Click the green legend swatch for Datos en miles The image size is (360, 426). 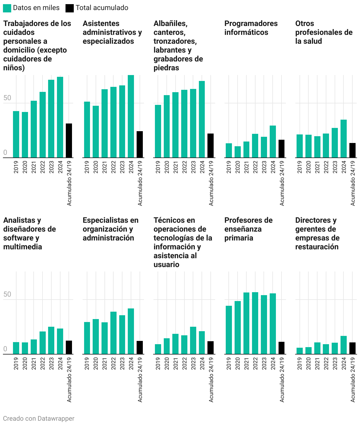[x=7, y=8]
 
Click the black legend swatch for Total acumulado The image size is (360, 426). [x=70, y=8]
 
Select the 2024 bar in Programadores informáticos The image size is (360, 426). [x=273, y=142]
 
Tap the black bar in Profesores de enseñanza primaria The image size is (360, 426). [x=282, y=348]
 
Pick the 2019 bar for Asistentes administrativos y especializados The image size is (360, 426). [x=87, y=129]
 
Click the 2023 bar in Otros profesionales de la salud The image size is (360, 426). [x=335, y=143]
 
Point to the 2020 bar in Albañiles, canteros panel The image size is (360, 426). [x=167, y=126]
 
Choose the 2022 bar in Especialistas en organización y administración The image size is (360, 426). [x=113, y=333]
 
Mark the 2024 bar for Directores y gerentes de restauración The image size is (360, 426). [x=343, y=345]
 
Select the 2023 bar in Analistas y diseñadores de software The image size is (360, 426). [x=51, y=340]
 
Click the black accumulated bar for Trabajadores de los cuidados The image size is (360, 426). [x=69, y=140]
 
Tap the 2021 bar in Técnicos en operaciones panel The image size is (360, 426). [x=175, y=344]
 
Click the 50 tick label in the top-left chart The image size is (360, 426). [x=7, y=98]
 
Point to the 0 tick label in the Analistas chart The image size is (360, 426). [x=5, y=349]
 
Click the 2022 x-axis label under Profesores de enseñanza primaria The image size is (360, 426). [x=255, y=363]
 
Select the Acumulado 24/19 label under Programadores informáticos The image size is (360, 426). [x=282, y=183]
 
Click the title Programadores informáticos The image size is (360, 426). [x=251, y=28]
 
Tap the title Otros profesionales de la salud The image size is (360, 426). [x=324, y=32]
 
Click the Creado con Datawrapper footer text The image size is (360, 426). [x=39, y=418]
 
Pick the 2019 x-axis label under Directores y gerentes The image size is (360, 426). [x=300, y=363]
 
